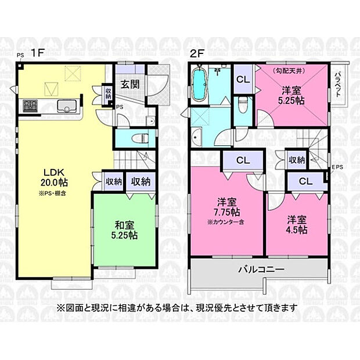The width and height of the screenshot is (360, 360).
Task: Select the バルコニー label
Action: [x=260, y=270]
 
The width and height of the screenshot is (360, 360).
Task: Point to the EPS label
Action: [x=337, y=168]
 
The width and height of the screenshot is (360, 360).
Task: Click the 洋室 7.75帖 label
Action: [x=226, y=207]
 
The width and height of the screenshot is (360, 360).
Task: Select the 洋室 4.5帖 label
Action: [x=297, y=225]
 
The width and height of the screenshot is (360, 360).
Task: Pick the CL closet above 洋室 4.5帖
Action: [x=306, y=181]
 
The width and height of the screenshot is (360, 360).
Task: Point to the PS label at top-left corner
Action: [x=20, y=55]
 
